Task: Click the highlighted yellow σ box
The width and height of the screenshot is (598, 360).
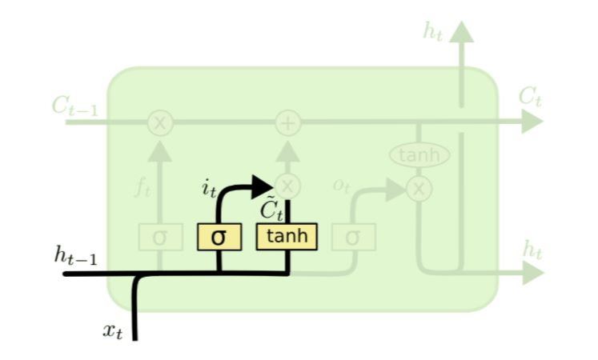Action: [219, 237]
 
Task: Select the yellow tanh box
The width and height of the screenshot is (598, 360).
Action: [286, 236]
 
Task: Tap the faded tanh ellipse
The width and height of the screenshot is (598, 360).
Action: [419, 154]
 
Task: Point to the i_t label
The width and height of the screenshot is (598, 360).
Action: [208, 190]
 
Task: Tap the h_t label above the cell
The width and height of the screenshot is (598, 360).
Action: [432, 32]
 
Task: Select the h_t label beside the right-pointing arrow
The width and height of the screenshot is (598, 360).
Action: [532, 250]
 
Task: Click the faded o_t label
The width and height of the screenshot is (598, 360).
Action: [342, 186]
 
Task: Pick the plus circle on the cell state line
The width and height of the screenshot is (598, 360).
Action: [287, 122]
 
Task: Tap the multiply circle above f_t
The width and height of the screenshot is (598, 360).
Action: [160, 122]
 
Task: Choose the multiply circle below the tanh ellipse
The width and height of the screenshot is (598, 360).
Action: [418, 189]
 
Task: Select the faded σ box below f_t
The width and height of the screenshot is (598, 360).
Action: [159, 237]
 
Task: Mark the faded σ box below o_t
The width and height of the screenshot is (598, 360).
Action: [352, 237]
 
